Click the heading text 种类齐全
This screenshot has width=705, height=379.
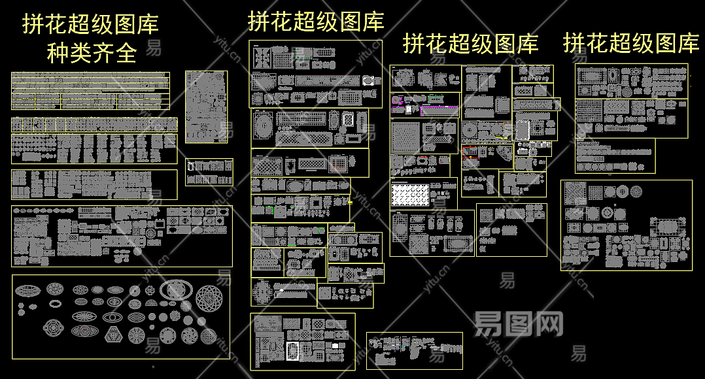pyautogui.click(x=91, y=53)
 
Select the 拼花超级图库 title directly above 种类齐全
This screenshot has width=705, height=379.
pyautogui.click(x=91, y=25)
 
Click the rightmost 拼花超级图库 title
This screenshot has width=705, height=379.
pyautogui.click(x=631, y=43)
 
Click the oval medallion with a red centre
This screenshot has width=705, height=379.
pyautogui.click(x=84, y=331)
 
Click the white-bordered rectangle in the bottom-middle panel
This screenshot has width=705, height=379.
pyautogui.click(x=292, y=351)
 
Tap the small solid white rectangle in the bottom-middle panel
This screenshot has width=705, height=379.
pyautogui.click(x=335, y=344)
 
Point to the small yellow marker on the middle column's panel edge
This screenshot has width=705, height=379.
pyautogui.click(x=350, y=203)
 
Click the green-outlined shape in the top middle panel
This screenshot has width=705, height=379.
pyautogui.click(x=302, y=55)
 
